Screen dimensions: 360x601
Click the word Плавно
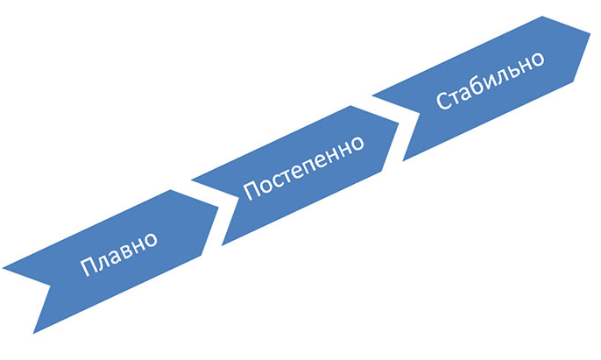click(119, 252)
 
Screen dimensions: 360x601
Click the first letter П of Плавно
click(87, 267)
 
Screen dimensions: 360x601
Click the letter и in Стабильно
click(491, 84)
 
